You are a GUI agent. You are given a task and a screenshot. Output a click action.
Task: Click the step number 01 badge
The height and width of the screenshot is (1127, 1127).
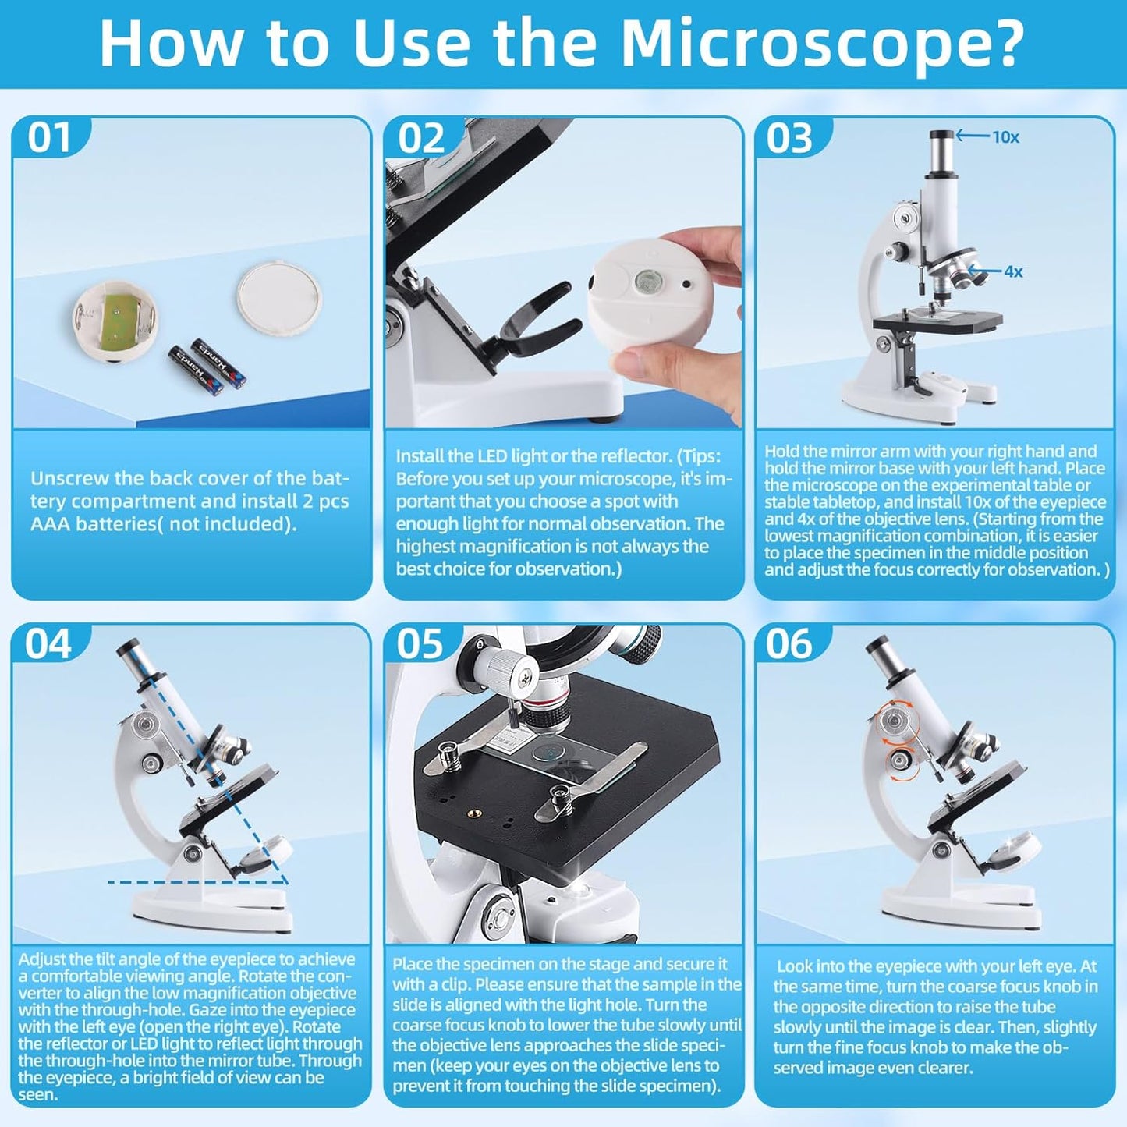[x=49, y=137]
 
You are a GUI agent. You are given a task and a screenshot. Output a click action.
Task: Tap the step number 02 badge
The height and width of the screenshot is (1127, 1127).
[x=421, y=138]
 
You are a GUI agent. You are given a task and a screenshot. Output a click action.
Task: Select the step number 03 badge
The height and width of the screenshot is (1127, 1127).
[x=790, y=138]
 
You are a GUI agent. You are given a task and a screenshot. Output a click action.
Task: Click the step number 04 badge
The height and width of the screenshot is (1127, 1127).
[x=48, y=644]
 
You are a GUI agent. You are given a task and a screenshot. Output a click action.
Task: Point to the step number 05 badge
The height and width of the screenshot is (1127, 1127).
[x=420, y=644]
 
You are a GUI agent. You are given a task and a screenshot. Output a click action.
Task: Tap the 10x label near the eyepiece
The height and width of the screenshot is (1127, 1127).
[x=1005, y=137]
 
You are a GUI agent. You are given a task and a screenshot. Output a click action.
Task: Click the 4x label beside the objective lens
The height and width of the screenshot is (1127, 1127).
[x=1013, y=271]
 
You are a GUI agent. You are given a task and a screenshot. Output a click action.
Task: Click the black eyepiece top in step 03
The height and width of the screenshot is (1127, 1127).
[x=941, y=136]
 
